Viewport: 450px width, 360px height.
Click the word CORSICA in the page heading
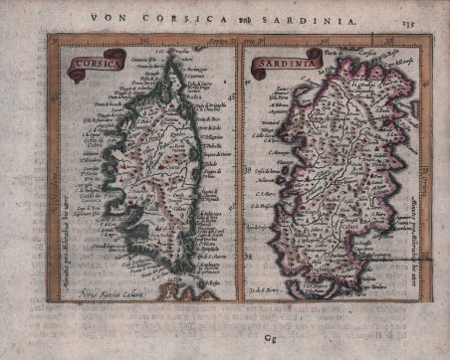(x=188, y=16)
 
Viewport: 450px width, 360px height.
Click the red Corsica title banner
(x=86, y=62)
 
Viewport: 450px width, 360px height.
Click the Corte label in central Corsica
(x=149, y=159)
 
